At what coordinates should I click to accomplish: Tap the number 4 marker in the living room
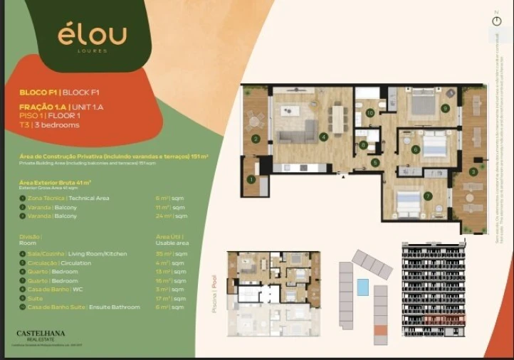(324, 137)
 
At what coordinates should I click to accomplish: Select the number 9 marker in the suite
(445, 108)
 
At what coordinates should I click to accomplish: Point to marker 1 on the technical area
(251, 179)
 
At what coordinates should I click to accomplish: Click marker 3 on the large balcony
(473, 171)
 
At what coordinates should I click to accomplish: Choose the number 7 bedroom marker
(427, 196)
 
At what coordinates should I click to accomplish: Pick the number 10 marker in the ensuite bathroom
(369, 112)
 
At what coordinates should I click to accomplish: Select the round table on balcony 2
(254, 122)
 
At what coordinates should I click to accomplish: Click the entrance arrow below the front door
(344, 175)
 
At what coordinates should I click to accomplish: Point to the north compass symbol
(496, 21)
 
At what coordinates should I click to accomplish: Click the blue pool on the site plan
(362, 287)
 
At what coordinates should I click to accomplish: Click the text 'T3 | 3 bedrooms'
(50, 125)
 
